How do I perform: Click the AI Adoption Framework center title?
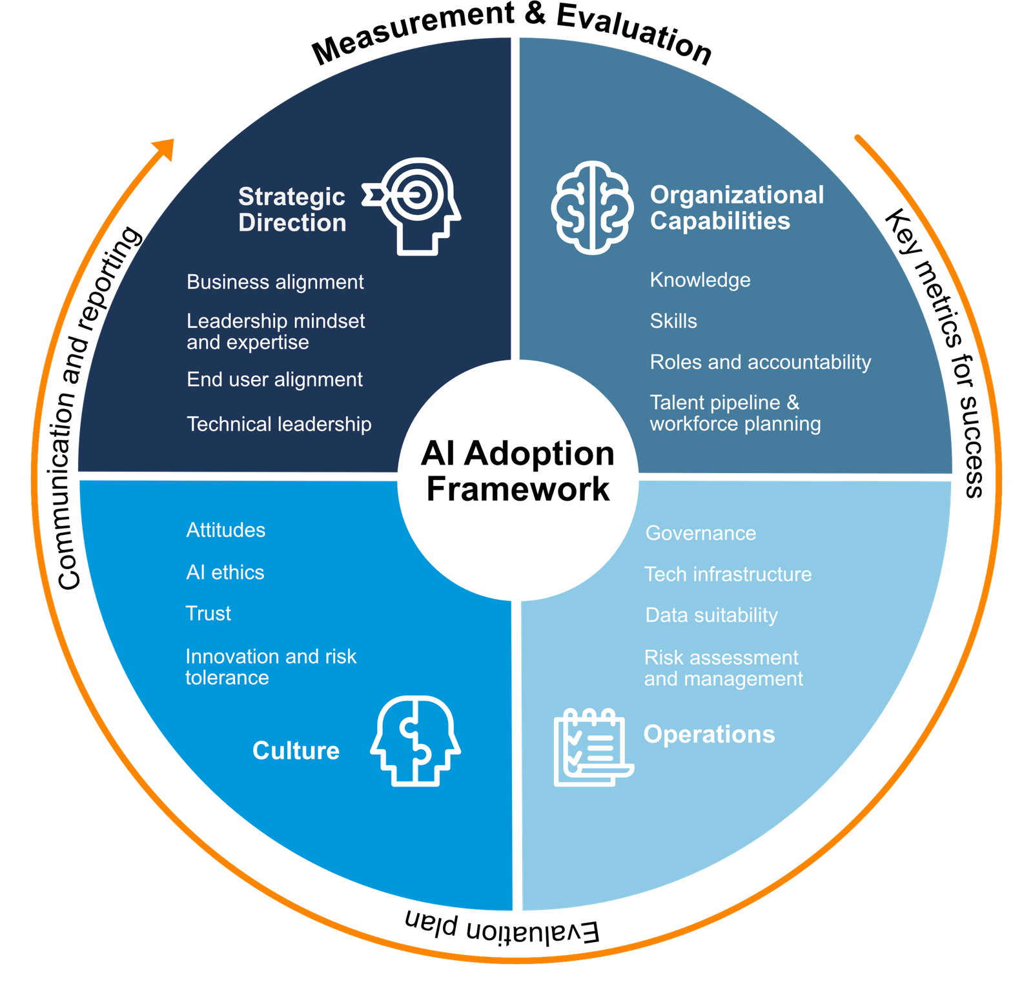(518, 471)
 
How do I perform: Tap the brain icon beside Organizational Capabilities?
(591, 207)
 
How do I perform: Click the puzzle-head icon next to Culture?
(416, 741)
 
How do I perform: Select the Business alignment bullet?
(275, 282)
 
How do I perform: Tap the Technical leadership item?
(279, 424)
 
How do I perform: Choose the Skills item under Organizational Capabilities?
(673, 321)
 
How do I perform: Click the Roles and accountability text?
(761, 362)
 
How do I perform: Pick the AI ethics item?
(225, 572)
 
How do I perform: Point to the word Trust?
(208, 613)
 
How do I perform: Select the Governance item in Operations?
(701, 533)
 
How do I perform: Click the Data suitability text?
(711, 615)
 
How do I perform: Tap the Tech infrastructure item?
(728, 574)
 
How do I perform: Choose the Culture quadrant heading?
(296, 750)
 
